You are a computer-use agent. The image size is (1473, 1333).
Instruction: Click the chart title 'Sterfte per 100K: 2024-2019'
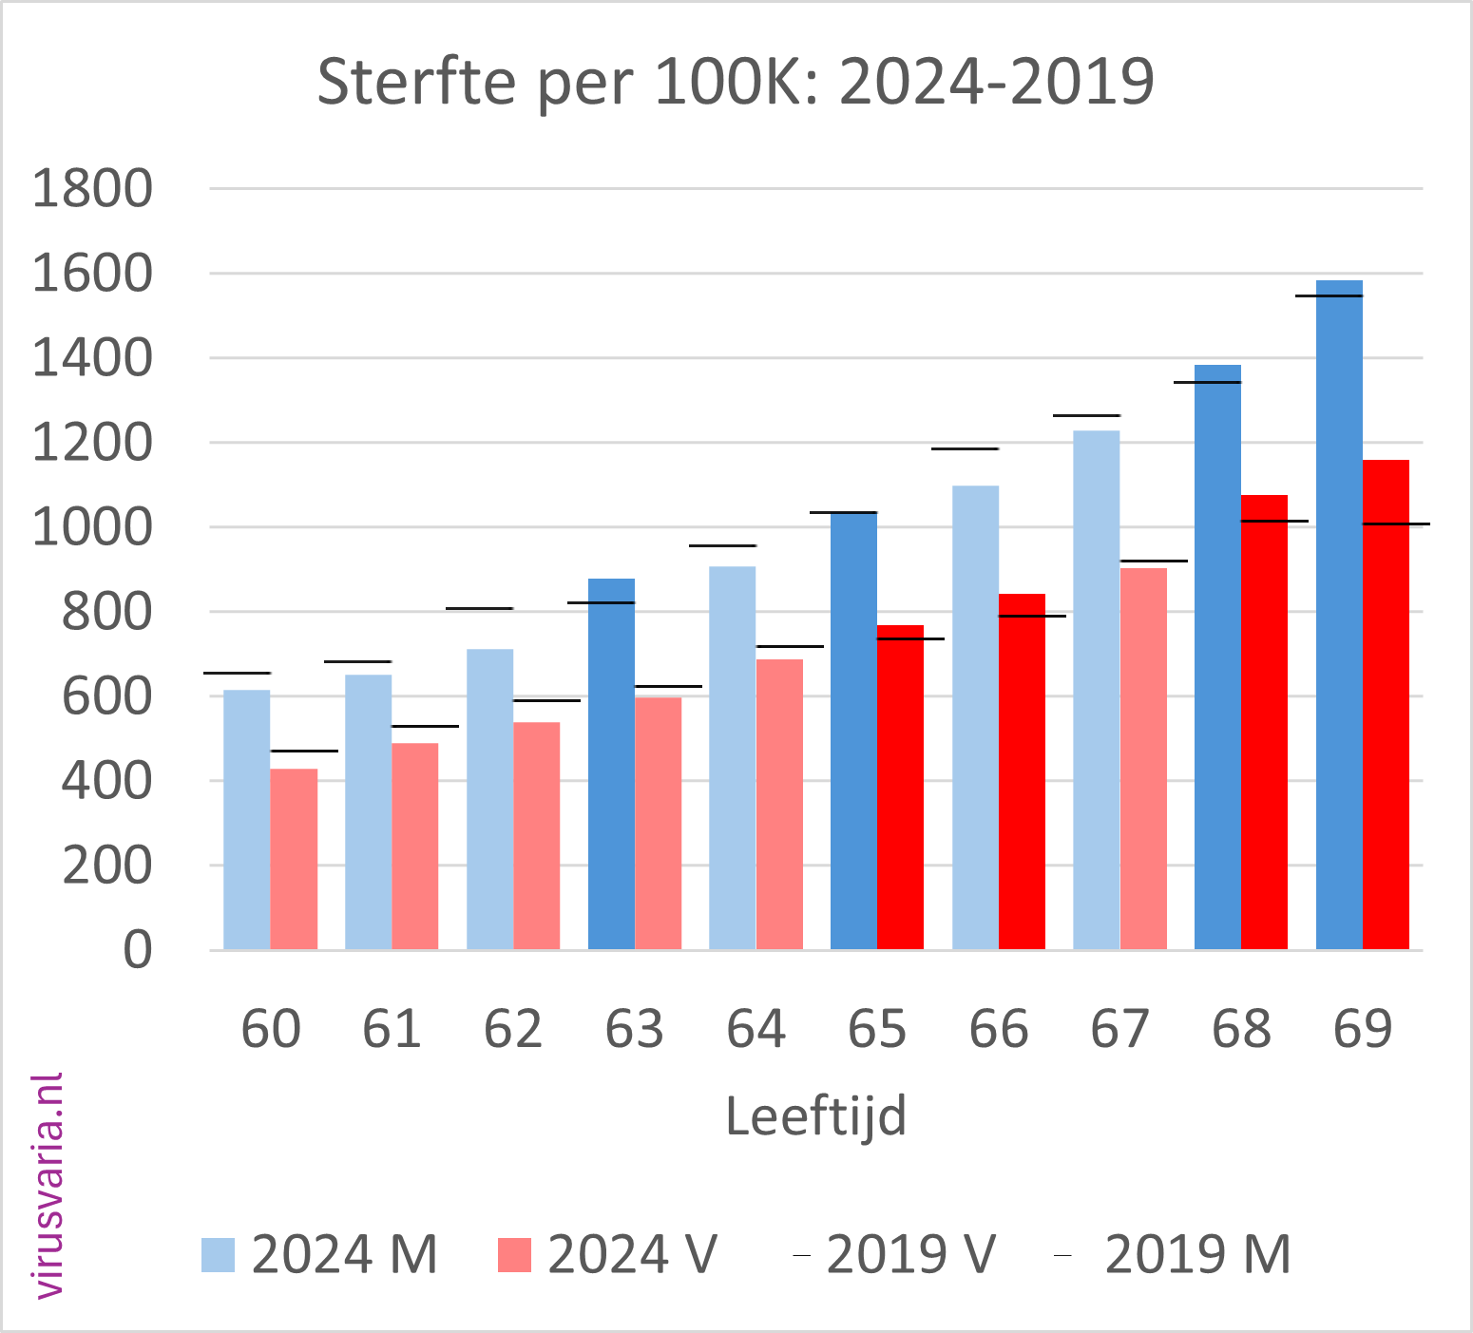(x=735, y=82)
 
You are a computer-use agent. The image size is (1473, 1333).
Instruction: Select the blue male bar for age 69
(x=1339, y=618)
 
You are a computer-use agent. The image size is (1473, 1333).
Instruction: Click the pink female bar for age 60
(x=294, y=860)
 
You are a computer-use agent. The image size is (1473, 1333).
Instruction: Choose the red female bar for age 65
(x=900, y=788)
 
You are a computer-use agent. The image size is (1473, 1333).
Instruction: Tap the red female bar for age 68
(x=1264, y=722)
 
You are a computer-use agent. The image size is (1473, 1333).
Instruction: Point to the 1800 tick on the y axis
(x=92, y=189)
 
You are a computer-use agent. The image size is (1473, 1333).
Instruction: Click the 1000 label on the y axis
(x=92, y=527)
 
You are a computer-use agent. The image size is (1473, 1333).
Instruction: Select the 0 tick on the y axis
(x=138, y=950)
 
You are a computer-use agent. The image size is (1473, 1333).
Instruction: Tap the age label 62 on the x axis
(x=513, y=1029)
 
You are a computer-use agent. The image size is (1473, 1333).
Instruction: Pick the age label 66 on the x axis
(x=999, y=1029)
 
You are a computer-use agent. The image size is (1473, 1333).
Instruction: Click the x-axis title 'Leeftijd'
(x=815, y=1115)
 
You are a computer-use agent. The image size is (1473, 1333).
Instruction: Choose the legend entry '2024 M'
(x=319, y=1255)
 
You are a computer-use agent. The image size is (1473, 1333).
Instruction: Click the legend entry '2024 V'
(x=608, y=1255)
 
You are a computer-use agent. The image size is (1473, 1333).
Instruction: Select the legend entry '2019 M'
(x=1175, y=1255)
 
